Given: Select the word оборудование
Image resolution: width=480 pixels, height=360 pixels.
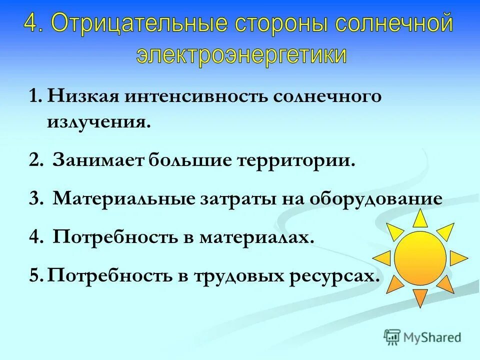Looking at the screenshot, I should pos(375,199).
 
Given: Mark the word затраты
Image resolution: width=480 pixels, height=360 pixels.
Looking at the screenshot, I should pos(233,198).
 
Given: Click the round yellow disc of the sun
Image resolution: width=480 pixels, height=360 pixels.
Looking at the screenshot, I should pos(420,258).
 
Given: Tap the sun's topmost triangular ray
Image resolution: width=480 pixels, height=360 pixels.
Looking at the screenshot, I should pos(420,219).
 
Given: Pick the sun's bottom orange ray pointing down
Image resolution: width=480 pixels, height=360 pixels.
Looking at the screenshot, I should pos(420,297).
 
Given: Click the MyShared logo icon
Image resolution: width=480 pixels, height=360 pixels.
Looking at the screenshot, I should pos(393,336).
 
